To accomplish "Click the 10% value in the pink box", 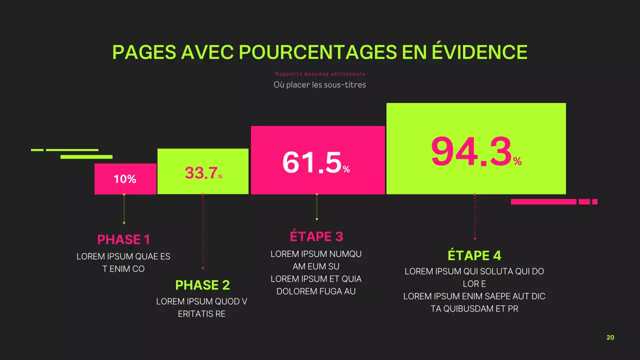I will coord(125,179).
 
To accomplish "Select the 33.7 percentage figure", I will coord(201,173).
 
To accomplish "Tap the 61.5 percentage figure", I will coord(312,162).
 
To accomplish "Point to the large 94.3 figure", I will coord(471,152).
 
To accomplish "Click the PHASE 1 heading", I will coord(123,239).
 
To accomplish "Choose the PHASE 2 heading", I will coord(202,285).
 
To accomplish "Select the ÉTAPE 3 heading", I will coord(316,236).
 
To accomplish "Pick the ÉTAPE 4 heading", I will coord(474,255).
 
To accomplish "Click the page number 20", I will coord(610,337).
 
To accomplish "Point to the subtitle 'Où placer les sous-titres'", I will coord(319,85).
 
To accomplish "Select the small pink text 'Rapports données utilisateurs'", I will coord(319,74).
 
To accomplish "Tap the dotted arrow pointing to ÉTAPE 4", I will coord(474,217).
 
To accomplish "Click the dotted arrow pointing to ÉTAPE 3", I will coord(316,207).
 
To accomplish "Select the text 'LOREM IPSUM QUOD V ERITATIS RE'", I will coord(201,308).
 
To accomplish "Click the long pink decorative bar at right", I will coord(543,202).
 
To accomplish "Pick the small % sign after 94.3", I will coord(517,161).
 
